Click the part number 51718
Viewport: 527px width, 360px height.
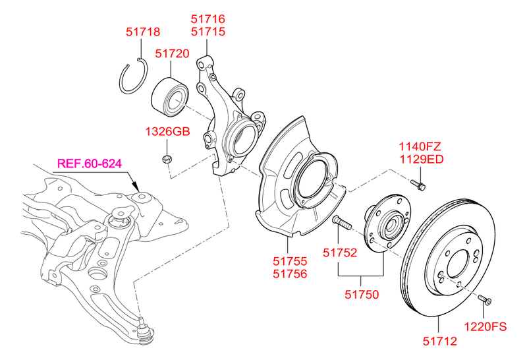point(143,32)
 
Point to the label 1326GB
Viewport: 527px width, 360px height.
point(167,132)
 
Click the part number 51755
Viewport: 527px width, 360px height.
point(291,262)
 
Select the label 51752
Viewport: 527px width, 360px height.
point(339,252)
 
